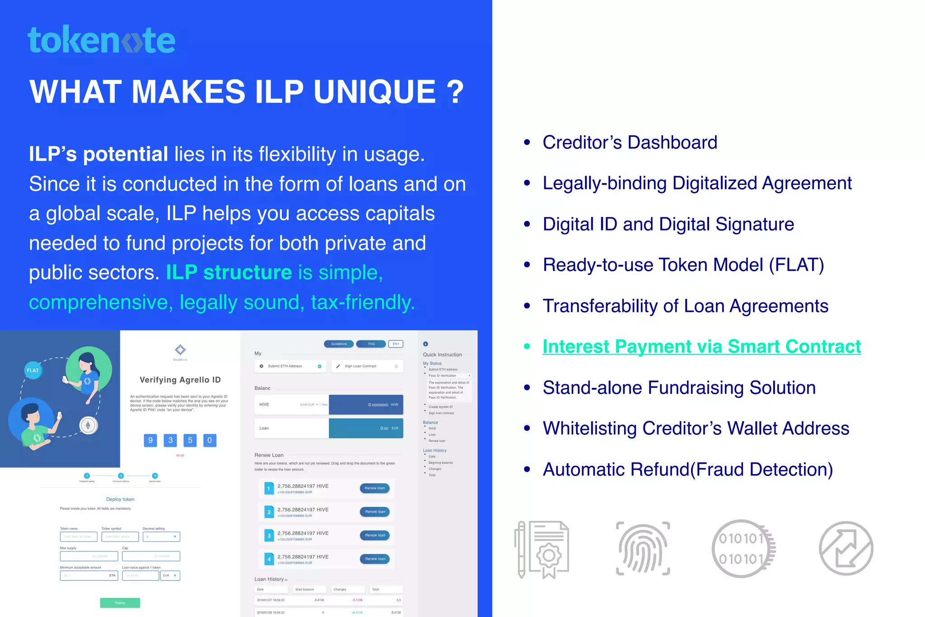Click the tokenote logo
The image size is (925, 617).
pos(101,40)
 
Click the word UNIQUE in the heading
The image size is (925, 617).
pos(374,92)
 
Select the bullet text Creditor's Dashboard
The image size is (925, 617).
pos(630,142)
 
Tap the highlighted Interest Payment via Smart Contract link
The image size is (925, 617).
pos(701,347)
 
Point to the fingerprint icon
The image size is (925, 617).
pos(643,548)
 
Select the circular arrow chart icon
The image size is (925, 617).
pos(846,548)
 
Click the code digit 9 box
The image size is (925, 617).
pos(150,440)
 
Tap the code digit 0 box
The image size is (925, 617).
pos(210,440)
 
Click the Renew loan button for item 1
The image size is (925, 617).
pos(375,488)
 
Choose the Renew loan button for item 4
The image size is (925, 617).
pos(375,559)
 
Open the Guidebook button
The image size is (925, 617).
pos(339,344)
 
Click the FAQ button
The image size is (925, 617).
pos(371,344)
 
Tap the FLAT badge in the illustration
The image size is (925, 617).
pos(33,370)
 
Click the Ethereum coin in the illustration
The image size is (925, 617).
pos(89,425)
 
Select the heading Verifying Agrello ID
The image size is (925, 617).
pos(180,380)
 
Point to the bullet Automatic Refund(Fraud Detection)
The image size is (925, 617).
pos(687,470)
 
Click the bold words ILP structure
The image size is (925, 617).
pos(229,273)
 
